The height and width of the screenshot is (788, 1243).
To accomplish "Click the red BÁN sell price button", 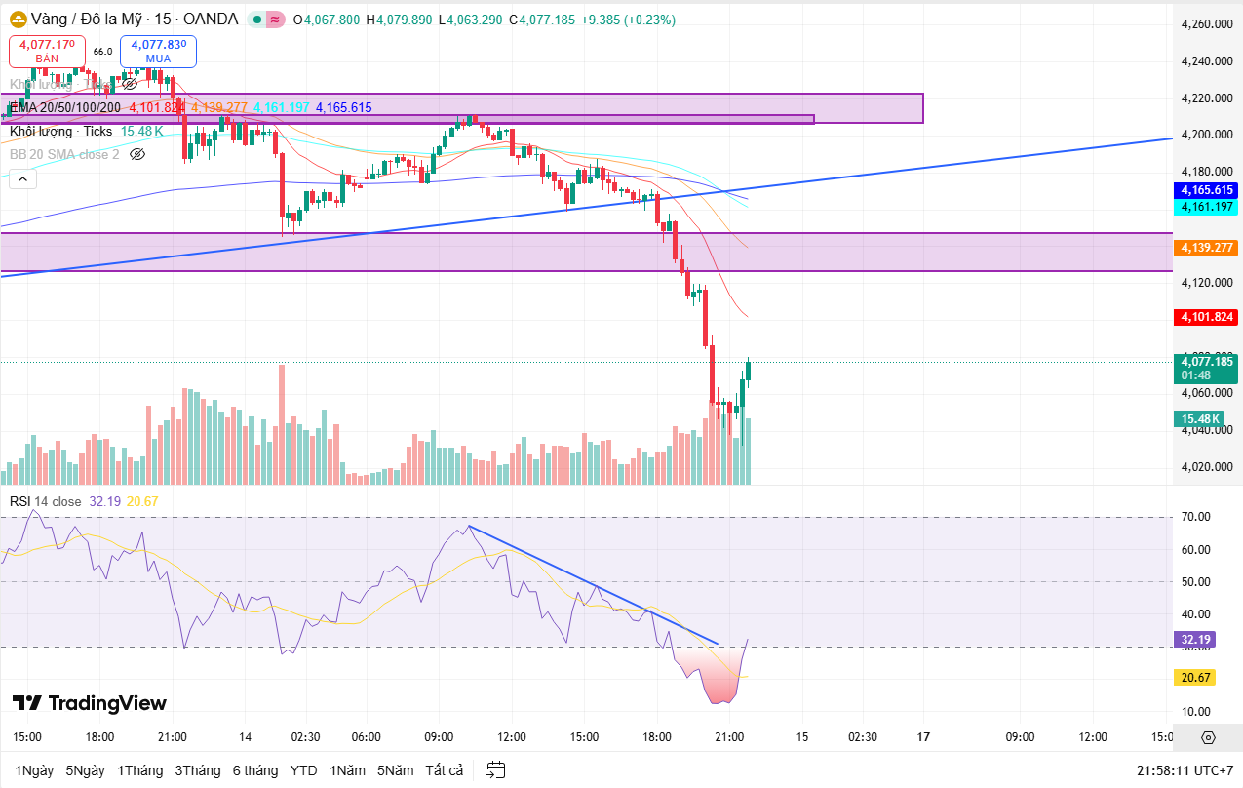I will coord(47,51).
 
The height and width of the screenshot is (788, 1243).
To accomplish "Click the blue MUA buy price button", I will coord(158,51).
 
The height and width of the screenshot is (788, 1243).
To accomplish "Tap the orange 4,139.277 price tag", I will coord(1208,249).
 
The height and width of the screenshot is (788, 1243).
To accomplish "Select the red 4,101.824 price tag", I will coord(1208,317).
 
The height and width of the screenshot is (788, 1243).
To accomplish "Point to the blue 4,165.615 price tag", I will coord(1208,190).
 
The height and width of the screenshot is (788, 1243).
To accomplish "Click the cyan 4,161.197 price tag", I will coord(1208,207).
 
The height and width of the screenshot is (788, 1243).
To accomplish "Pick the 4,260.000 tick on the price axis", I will coord(1207,24).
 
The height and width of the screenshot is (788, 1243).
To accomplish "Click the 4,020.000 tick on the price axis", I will coord(1207,466).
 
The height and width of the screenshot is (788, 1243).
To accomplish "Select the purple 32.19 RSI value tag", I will coord(1195,640).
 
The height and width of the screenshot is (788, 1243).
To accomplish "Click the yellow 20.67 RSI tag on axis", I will coord(1195,677).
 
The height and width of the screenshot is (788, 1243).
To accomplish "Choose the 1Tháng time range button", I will coord(139,770).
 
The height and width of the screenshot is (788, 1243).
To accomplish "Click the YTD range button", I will coord(303,770).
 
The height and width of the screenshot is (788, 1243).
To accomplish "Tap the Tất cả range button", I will coord(444,770).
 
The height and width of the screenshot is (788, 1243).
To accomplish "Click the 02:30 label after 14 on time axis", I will coord(305,737).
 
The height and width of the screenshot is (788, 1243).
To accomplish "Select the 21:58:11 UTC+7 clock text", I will coord(1184,770).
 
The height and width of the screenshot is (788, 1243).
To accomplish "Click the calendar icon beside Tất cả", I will coord(496,770).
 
